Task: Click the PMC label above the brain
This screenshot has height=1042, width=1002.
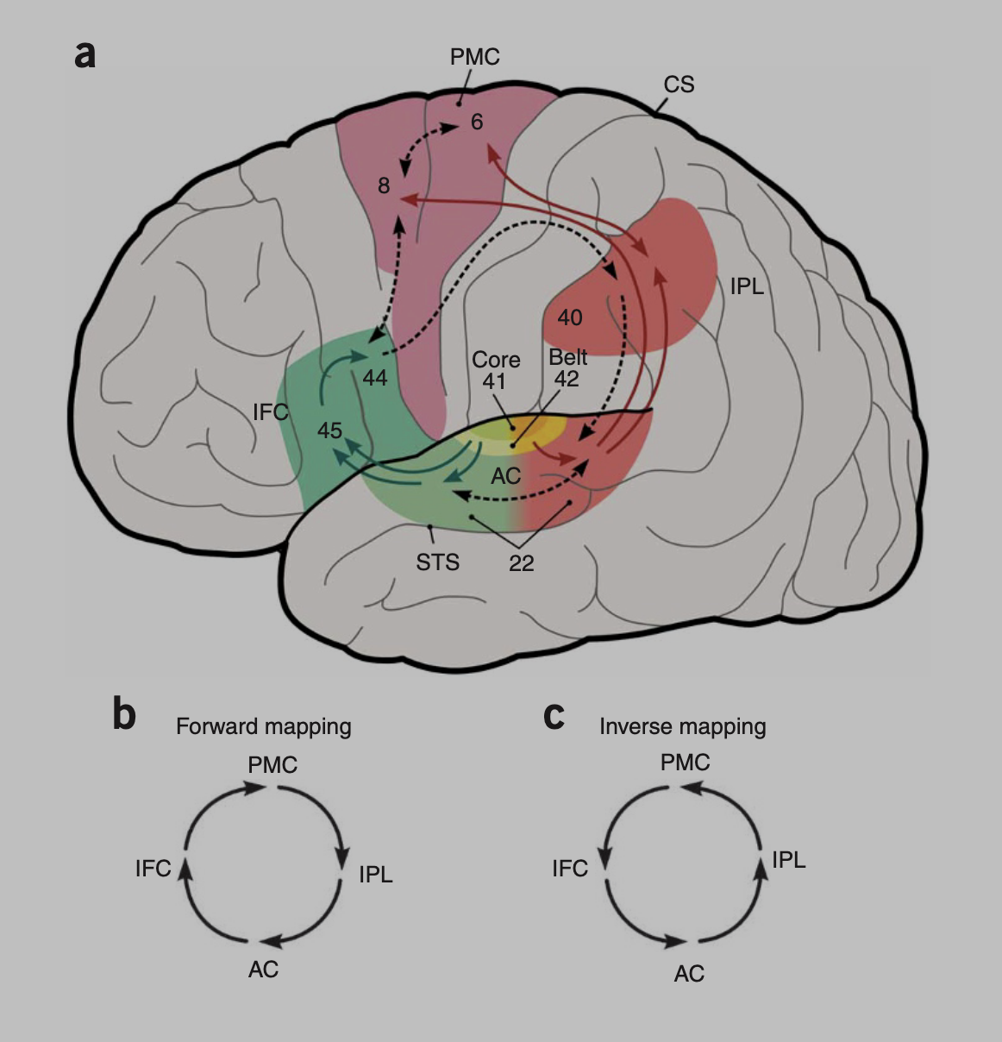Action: pos(474,57)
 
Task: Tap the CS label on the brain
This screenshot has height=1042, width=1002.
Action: pos(679,85)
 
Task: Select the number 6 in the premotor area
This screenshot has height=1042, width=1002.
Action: pos(477,122)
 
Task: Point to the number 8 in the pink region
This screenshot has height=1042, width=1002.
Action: pos(384,185)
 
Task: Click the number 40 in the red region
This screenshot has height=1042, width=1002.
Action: pos(569,317)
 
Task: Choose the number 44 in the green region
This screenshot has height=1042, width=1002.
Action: pos(375,378)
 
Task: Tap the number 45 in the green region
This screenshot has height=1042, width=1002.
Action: pos(329,430)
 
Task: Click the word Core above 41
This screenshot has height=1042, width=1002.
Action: pos(496,359)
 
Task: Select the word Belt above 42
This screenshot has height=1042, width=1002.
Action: pos(567,357)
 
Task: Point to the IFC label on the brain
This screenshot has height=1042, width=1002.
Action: pos(270,412)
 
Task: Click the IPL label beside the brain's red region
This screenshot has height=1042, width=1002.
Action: pos(747,286)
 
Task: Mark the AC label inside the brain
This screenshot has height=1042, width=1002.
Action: pos(505,475)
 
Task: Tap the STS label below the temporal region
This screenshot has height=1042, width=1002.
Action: pos(437,562)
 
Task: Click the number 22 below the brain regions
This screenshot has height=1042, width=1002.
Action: pos(521,563)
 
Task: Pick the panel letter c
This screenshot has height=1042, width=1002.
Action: pos(554,716)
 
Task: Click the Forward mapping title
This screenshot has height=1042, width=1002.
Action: pos(263,726)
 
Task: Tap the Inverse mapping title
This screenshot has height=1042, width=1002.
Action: pos(682,726)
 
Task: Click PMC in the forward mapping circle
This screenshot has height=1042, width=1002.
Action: pos(272,765)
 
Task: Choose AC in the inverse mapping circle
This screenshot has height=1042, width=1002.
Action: pos(689,974)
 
